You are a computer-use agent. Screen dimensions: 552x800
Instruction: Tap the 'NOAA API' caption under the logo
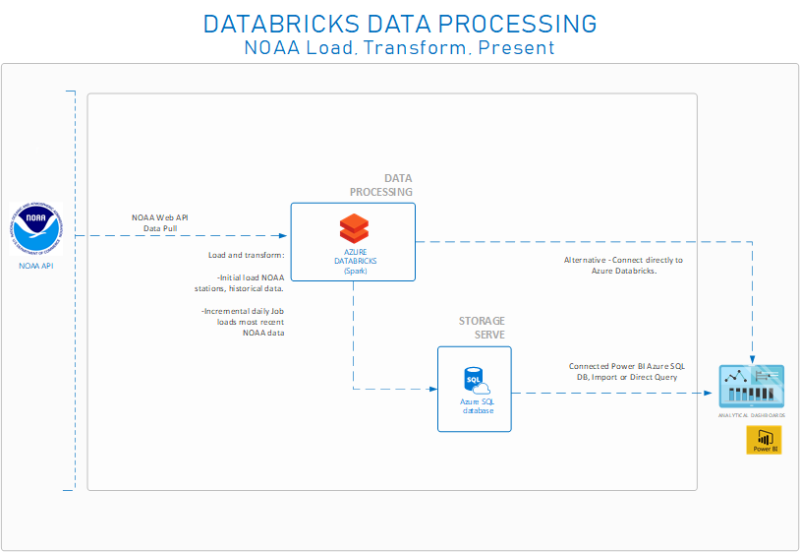pyautogui.click(x=36, y=265)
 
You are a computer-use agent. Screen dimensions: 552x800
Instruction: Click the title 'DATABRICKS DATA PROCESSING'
pyautogui.click(x=399, y=24)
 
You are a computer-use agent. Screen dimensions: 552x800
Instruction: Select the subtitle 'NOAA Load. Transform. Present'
pyautogui.click(x=399, y=47)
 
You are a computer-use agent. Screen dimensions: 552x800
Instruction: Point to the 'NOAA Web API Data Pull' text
pyautogui.click(x=160, y=222)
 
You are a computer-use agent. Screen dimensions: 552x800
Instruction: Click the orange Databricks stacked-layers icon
pyautogui.click(x=353, y=228)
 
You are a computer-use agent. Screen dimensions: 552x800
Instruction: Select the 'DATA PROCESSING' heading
pyautogui.click(x=381, y=185)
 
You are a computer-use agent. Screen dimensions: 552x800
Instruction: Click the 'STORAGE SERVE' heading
pyautogui.click(x=482, y=328)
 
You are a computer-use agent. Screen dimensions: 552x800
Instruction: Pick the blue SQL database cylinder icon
pyautogui.click(x=475, y=380)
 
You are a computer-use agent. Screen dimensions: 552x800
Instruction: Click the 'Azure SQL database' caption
pyautogui.click(x=475, y=406)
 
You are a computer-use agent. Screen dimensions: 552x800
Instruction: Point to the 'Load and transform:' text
pyautogui.click(x=246, y=255)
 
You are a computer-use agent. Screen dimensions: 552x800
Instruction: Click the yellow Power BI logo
pyautogui.click(x=763, y=441)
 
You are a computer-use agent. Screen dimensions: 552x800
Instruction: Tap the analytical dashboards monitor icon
pyautogui.click(x=752, y=387)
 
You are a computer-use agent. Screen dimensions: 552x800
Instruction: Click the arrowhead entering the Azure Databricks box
pyautogui.click(x=283, y=236)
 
